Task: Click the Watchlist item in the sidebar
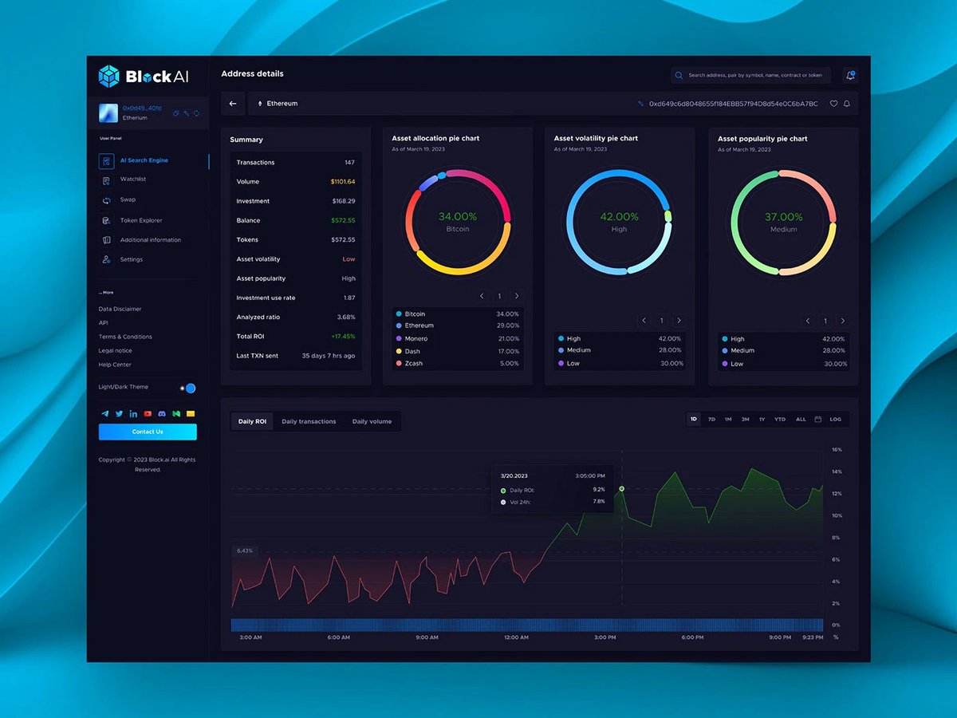(133, 179)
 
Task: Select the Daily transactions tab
(309, 421)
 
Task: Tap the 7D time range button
(711, 419)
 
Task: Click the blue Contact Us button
(148, 432)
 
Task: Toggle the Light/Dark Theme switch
(189, 389)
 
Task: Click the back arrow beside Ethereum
(233, 104)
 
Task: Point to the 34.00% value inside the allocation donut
(458, 217)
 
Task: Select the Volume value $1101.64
(343, 182)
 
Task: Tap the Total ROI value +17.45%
(343, 337)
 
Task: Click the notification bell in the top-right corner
(850, 75)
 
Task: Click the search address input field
(754, 75)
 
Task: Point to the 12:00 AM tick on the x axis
(516, 637)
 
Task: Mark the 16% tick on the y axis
(837, 450)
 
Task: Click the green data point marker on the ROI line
(621, 488)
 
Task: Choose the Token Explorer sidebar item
(140, 220)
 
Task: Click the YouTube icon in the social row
(148, 414)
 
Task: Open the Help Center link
(115, 365)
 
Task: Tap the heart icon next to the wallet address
(833, 104)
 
